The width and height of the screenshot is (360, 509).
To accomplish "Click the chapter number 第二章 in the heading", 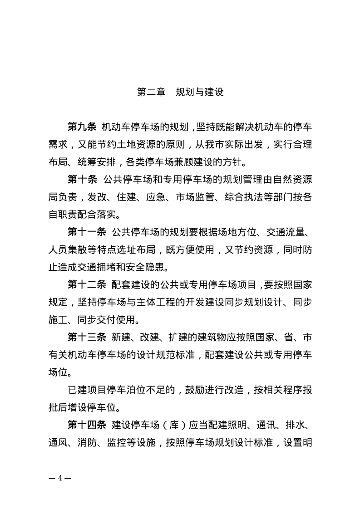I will (x=151, y=92).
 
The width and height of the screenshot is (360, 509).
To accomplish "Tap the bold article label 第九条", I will (x=82, y=127).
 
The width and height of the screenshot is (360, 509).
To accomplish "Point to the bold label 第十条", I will (x=82, y=179).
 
